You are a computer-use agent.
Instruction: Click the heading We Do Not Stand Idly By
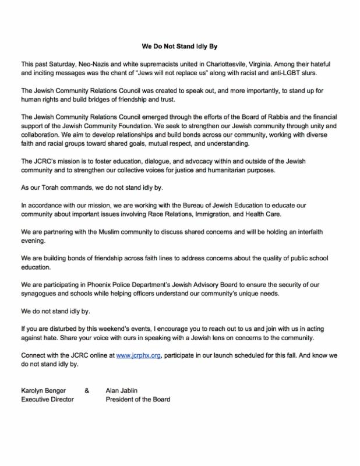pyautogui.click(x=180, y=45)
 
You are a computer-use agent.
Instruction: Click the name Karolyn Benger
pyautogui.click(x=44, y=390)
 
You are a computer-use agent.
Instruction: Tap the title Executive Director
pyautogui.click(x=48, y=400)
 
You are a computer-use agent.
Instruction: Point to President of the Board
pyautogui.click(x=138, y=400)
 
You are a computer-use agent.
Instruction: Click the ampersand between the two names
pyautogui.click(x=87, y=390)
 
